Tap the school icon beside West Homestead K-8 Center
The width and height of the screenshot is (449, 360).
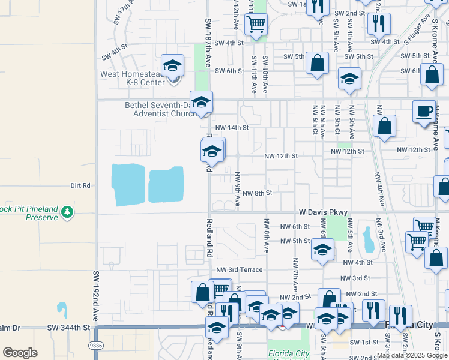click(172, 67)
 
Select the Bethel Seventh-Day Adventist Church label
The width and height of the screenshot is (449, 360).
click(160, 109)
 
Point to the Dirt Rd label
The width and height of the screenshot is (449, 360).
click(80, 186)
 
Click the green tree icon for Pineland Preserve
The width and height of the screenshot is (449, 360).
click(68, 212)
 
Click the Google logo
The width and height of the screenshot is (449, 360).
click(20, 353)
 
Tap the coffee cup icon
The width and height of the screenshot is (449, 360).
click(424, 112)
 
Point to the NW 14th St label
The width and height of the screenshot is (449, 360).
click(232, 128)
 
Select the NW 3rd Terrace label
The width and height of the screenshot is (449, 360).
click(239, 270)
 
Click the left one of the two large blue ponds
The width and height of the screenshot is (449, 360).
click(128, 184)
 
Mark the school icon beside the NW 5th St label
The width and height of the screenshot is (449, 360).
click(322, 250)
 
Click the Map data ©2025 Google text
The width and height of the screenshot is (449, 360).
click(412, 355)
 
